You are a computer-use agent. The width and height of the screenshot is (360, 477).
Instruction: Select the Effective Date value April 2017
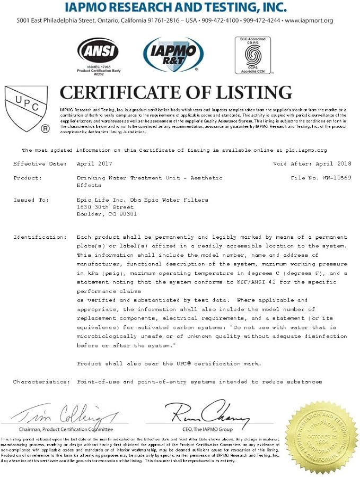tap(94, 164)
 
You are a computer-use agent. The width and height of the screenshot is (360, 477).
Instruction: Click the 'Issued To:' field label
tap(31, 200)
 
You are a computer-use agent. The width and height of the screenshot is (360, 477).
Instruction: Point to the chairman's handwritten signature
tap(66, 412)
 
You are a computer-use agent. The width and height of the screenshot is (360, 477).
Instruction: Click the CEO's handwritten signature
tap(206, 411)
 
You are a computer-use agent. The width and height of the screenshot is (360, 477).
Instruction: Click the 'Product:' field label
tap(28, 178)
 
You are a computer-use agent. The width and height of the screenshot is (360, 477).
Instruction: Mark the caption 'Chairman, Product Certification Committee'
tap(66, 429)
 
